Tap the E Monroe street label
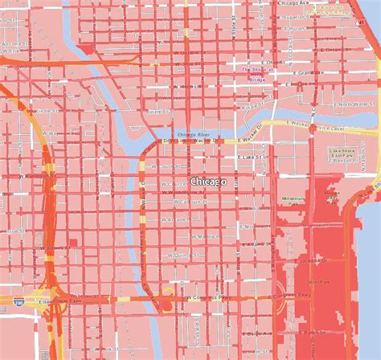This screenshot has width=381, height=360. point(256,227)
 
